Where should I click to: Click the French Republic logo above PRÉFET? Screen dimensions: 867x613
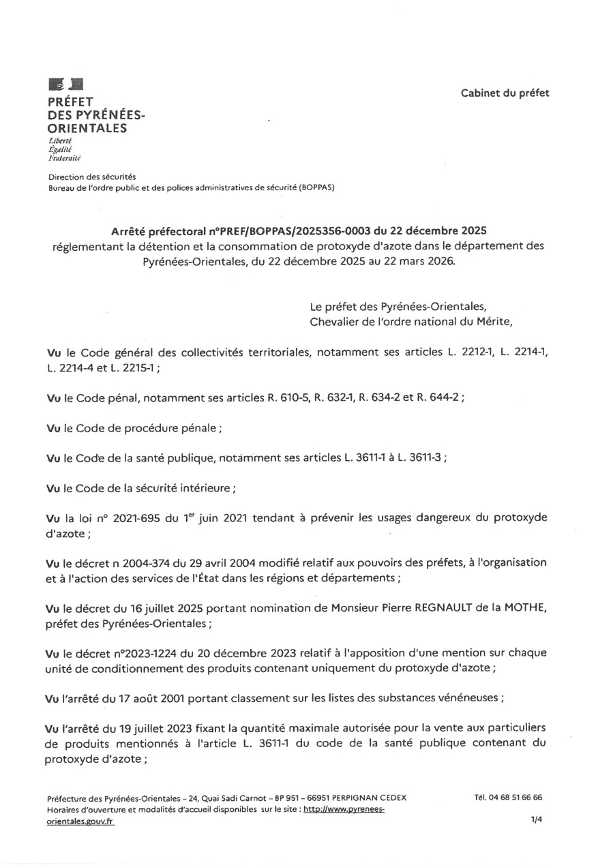[65, 85]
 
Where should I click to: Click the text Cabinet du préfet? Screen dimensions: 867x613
[505, 93]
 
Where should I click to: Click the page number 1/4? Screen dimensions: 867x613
[536, 821]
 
